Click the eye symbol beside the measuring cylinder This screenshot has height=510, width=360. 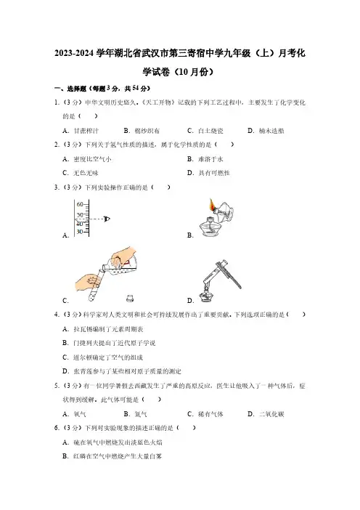pos(107,219)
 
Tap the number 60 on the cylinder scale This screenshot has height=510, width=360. pos(80,204)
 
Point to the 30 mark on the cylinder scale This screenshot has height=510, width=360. pos(80,232)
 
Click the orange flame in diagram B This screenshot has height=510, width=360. pos(212,205)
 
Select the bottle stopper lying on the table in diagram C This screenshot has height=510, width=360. pos(130,298)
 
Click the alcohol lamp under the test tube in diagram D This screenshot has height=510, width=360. pos(205,295)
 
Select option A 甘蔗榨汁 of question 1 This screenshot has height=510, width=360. pos(81,131)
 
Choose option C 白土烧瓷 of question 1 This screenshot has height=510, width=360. pos(205,131)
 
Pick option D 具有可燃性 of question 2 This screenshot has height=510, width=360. pos(208,173)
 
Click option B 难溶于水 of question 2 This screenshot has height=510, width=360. pos(205,159)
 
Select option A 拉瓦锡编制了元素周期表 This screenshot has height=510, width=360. pos(103,329)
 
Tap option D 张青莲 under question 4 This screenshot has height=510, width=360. pos(122,371)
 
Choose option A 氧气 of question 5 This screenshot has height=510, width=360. pos(75,414)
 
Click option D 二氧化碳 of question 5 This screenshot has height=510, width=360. pos(266,414)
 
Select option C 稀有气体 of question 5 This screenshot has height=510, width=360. pos(205,414)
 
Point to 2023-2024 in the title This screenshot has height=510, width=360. pos(75,53)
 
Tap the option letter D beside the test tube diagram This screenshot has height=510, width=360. pos(190,301)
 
